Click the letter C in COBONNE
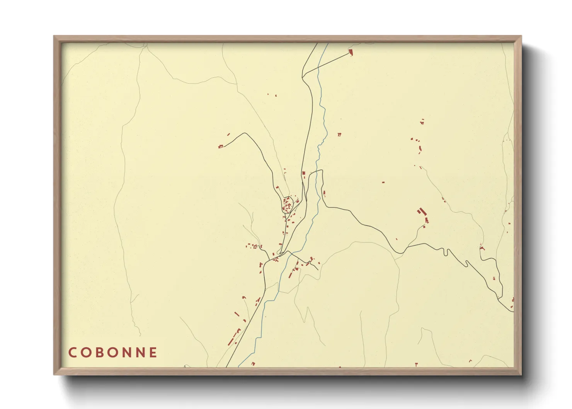point(72,353)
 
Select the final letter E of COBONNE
point(153,353)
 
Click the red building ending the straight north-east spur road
point(351,52)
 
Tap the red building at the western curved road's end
point(221,147)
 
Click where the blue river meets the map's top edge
point(328,44)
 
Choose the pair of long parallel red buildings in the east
point(420,211)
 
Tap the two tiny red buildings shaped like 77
point(339,135)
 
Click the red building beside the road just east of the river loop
point(324,193)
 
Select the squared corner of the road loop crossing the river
point(321,170)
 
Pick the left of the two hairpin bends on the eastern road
point(446,252)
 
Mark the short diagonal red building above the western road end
point(228,135)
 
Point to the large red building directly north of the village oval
point(304,173)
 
